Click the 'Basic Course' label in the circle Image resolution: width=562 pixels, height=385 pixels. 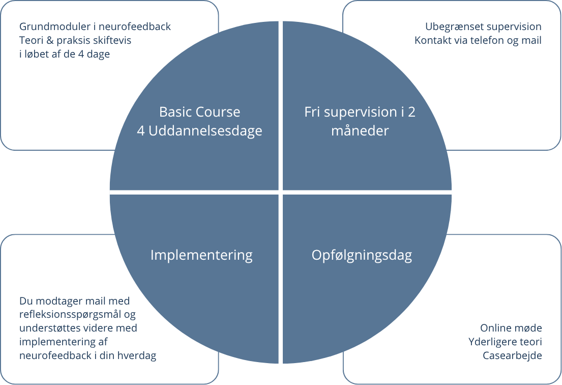pyautogui.click(x=199, y=112)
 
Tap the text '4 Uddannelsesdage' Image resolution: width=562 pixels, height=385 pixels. pyautogui.click(x=199, y=131)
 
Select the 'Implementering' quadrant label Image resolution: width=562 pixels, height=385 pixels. pyautogui.click(x=201, y=255)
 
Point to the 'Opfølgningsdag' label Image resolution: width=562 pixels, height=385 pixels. pyautogui.click(x=362, y=255)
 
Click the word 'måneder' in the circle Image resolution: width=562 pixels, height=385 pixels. pyautogui.click(x=360, y=131)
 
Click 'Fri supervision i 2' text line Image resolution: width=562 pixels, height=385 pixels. pyautogui.click(x=360, y=112)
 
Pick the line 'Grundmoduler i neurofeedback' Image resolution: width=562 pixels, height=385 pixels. pyautogui.click(x=95, y=26)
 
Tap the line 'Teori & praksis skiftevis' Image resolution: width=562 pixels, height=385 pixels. pyautogui.click(x=75, y=40)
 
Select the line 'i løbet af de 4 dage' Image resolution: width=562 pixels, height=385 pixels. pyautogui.click(x=65, y=54)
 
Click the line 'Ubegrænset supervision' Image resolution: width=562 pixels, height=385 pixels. pyautogui.click(x=483, y=26)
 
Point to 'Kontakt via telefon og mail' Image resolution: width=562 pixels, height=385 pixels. pyautogui.click(x=478, y=40)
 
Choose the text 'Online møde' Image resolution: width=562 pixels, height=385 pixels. pyautogui.click(x=511, y=328)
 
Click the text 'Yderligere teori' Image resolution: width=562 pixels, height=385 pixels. pyautogui.click(x=505, y=342)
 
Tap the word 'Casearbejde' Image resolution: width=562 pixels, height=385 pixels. pyautogui.click(x=512, y=355)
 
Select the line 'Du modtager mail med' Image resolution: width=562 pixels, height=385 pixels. pyautogui.click(x=74, y=301)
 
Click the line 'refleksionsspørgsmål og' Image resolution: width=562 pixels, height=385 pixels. pyautogui.click(x=77, y=315)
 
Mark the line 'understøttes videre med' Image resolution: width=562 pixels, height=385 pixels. pyautogui.click(x=78, y=328)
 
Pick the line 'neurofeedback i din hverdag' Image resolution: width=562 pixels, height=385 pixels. pyautogui.click(x=87, y=355)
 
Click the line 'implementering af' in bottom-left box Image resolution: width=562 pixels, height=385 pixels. pyautogui.click(x=63, y=342)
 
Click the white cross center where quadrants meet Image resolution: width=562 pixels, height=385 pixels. pyautogui.click(x=280, y=192)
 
